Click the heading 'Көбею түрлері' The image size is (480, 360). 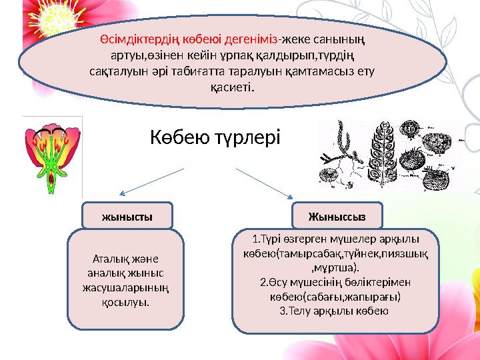click(x=217, y=139)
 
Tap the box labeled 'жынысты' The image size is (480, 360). click(x=127, y=216)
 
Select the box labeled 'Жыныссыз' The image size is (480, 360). click(x=339, y=216)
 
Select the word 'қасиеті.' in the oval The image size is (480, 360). click(x=231, y=87)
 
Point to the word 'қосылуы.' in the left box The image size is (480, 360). click(x=127, y=301)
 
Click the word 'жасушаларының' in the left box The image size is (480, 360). click(x=127, y=287)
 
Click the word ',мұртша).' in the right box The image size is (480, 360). click(x=338, y=269)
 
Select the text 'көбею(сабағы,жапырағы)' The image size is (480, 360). click(x=338, y=297)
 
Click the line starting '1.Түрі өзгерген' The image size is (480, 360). click(x=338, y=241)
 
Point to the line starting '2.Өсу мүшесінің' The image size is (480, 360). click(x=338, y=283)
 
